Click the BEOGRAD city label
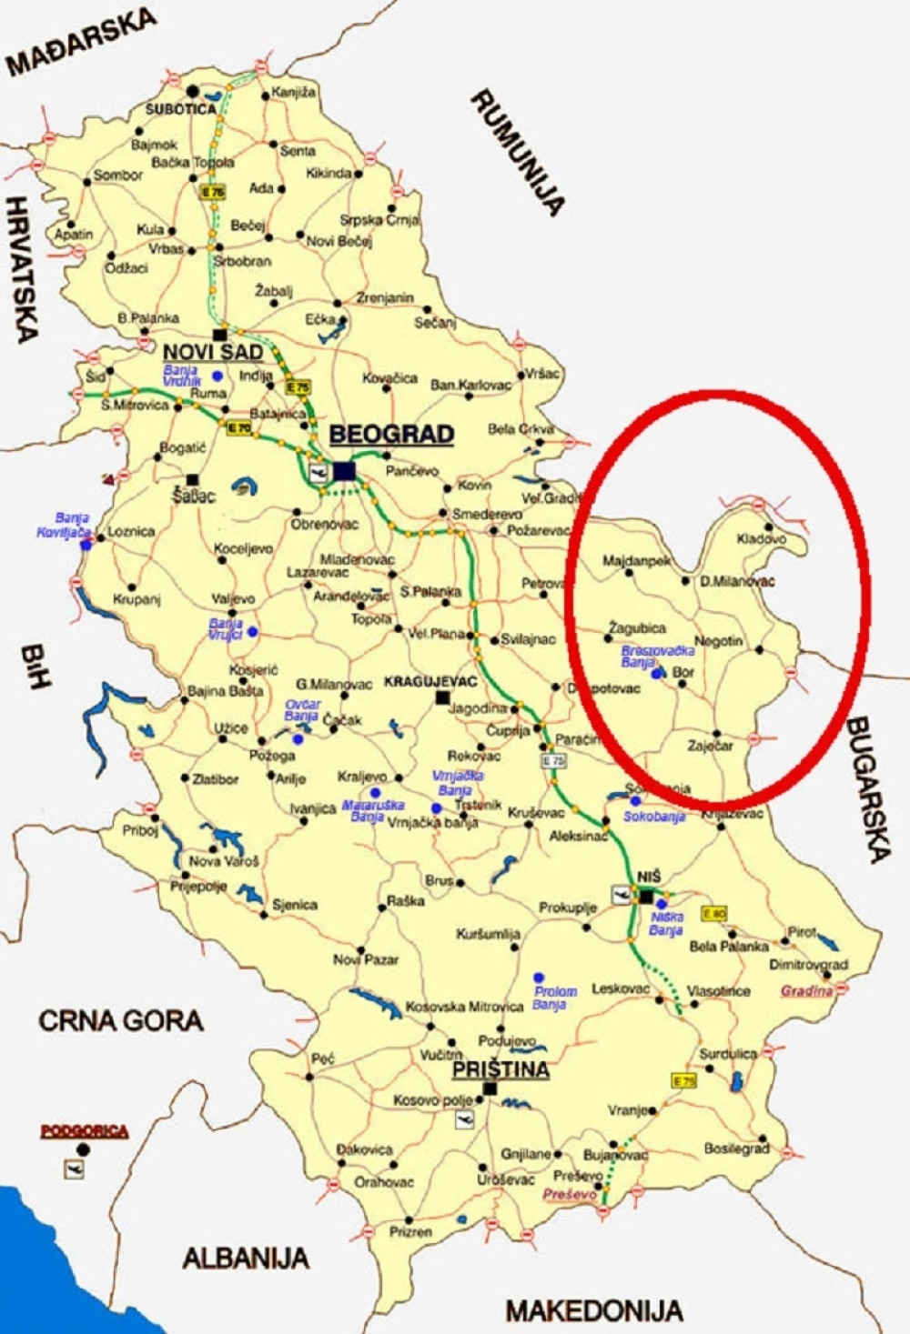click(x=391, y=435)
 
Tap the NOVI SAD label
click(x=213, y=352)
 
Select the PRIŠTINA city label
click(x=500, y=1069)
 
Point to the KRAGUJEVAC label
click(x=431, y=681)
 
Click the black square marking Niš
click(x=646, y=897)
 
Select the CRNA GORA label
click(x=120, y=1021)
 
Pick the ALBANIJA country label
click(x=245, y=1259)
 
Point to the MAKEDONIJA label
click(x=594, y=1310)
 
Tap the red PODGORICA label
click(x=85, y=1131)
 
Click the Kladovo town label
click(x=761, y=539)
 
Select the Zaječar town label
click(x=710, y=746)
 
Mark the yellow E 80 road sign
click(x=713, y=913)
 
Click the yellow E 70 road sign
click(x=239, y=427)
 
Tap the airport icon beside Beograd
click(x=318, y=472)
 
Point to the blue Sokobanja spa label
click(x=653, y=817)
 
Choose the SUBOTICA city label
click(x=181, y=109)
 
